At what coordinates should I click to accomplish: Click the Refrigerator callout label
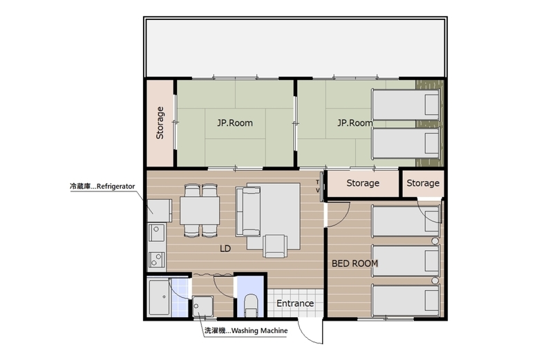(x=102, y=187)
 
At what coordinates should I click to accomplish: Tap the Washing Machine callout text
(x=246, y=331)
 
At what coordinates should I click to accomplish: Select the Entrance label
(x=295, y=303)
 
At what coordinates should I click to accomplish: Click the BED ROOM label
(x=354, y=264)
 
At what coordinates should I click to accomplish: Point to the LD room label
(x=225, y=248)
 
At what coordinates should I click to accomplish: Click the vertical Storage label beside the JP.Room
(x=160, y=123)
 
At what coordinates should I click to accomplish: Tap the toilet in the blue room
(x=251, y=305)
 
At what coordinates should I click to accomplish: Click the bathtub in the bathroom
(x=159, y=297)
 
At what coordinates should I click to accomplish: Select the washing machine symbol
(x=202, y=306)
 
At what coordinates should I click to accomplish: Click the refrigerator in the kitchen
(x=160, y=211)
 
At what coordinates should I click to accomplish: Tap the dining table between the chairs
(x=200, y=211)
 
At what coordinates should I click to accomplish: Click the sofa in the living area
(x=248, y=211)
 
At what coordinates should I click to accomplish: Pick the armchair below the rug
(x=275, y=246)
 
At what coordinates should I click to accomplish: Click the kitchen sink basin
(x=157, y=232)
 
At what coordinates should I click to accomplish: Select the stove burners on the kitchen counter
(x=157, y=260)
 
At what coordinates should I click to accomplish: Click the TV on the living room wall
(x=321, y=186)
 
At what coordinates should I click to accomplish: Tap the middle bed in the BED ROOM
(x=406, y=260)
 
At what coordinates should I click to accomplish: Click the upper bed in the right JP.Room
(x=406, y=104)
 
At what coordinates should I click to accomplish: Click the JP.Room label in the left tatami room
(x=235, y=123)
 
